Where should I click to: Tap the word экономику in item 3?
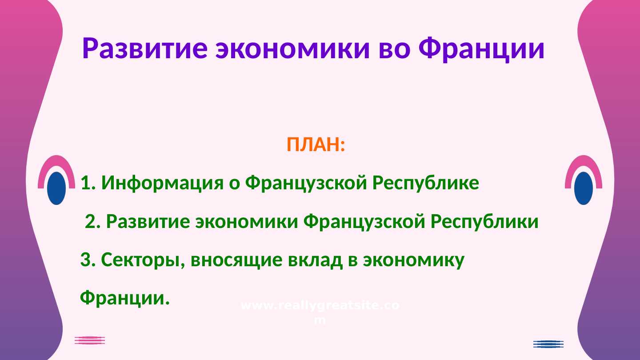(413, 260)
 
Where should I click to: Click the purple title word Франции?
(482, 49)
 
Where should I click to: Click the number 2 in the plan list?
(90, 221)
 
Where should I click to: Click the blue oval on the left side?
(56, 188)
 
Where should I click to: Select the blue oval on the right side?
(584, 188)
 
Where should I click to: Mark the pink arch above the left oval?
(56, 162)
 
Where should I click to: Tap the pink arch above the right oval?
(584, 162)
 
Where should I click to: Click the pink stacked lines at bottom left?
(90, 340)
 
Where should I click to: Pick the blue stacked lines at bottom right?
(548, 344)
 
